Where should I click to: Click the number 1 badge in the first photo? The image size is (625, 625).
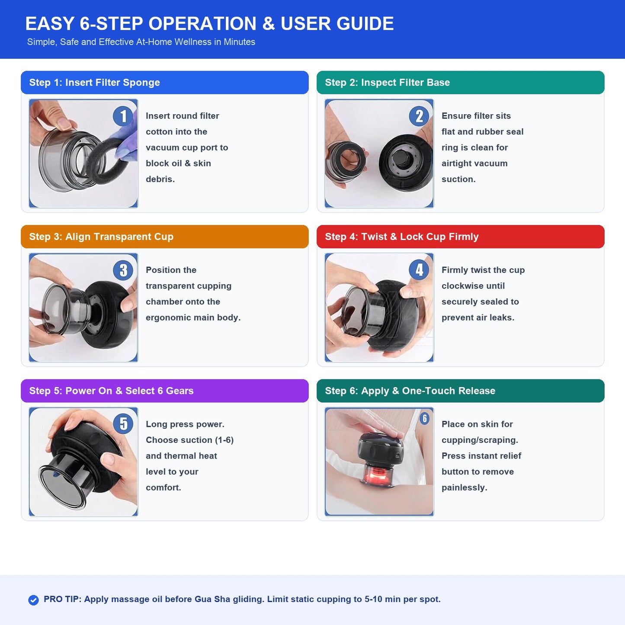tap(123, 116)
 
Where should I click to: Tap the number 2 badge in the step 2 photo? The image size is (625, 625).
tap(419, 116)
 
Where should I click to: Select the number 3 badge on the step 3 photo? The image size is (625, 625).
tap(123, 270)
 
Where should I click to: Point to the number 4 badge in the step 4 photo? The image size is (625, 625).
tap(419, 270)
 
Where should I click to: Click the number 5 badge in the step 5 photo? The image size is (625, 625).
tap(123, 423)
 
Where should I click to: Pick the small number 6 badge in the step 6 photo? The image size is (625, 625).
tap(424, 418)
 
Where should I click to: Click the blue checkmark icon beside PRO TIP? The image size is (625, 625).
tap(33, 600)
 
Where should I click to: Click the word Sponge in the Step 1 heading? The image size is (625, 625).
tap(141, 83)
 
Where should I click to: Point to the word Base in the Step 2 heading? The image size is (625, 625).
tap(438, 82)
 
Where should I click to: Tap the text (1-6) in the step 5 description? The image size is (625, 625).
tap(224, 440)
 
